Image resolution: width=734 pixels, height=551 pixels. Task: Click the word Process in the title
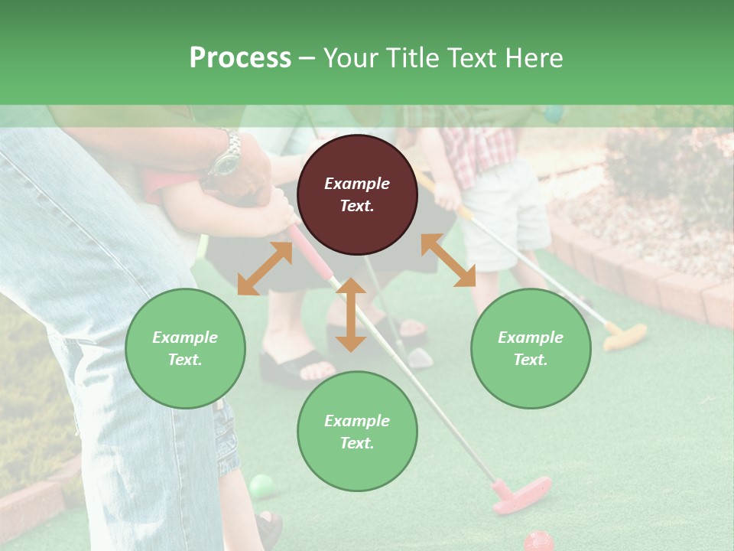point(240,58)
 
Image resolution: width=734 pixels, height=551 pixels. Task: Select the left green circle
point(185,348)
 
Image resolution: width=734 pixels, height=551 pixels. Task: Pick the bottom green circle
point(357,432)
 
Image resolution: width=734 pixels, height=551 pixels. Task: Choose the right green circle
point(531,348)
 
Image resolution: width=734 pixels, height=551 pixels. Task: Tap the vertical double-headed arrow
point(351,315)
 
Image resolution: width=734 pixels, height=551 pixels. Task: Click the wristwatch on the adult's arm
point(227,158)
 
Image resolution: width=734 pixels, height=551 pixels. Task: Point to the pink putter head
point(521,494)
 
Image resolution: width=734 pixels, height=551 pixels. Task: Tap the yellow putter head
point(625,335)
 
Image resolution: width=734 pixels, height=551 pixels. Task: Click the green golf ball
point(261,485)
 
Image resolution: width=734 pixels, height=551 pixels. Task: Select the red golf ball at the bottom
point(538,541)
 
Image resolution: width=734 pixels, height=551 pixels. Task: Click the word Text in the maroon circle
point(357,206)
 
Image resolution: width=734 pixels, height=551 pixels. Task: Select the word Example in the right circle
point(531,337)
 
